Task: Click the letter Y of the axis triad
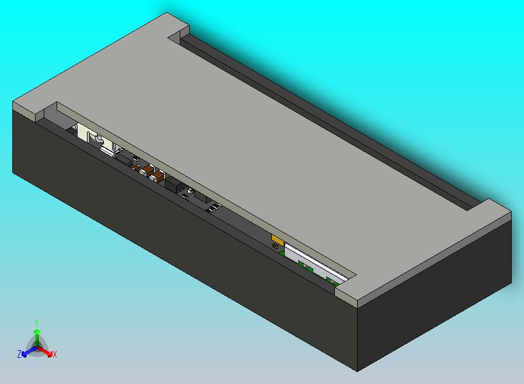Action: (36, 323)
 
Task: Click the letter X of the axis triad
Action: (55, 354)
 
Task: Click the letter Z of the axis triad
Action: (19, 354)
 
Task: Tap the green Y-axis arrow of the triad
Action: (36, 336)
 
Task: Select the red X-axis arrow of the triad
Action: (47, 352)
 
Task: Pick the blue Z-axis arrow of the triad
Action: (27, 352)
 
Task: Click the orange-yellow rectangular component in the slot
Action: (278, 240)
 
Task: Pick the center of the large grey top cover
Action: (257, 146)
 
